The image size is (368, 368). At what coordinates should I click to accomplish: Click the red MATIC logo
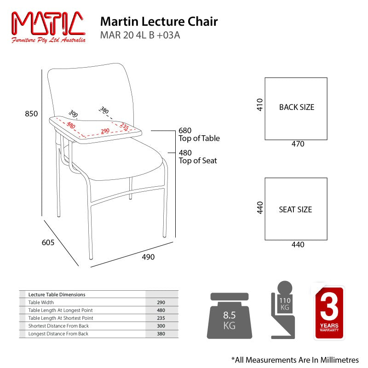coord(48,27)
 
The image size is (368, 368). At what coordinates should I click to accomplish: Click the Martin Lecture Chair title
coord(159,22)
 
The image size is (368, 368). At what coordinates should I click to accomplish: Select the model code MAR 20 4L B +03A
coord(140,35)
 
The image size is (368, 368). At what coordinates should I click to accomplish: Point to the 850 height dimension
coord(31,114)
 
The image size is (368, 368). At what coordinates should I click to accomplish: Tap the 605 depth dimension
coord(48,242)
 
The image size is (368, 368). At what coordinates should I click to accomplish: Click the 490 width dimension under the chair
coord(148,257)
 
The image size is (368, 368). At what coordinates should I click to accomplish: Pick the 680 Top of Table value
coord(185,130)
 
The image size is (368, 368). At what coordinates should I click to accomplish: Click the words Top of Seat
coord(198,161)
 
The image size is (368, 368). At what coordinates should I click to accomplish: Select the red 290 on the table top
coord(105,131)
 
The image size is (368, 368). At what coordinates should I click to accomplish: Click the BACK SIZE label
coord(297,107)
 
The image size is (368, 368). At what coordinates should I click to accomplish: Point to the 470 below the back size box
coord(298,144)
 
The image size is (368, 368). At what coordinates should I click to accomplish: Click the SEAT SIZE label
coord(295,209)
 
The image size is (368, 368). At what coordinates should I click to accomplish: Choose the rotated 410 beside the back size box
coord(259,105)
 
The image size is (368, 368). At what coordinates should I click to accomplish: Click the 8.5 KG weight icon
coord(229,316)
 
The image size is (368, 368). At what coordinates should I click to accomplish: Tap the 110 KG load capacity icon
coord(283,310)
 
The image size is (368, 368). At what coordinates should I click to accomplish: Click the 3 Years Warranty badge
coord(329,312)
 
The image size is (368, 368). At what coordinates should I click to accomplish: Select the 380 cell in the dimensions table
coord(161,333)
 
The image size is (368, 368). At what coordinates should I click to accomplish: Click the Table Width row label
coord(41,302)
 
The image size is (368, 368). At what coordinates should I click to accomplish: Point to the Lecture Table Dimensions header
coord(57,294)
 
